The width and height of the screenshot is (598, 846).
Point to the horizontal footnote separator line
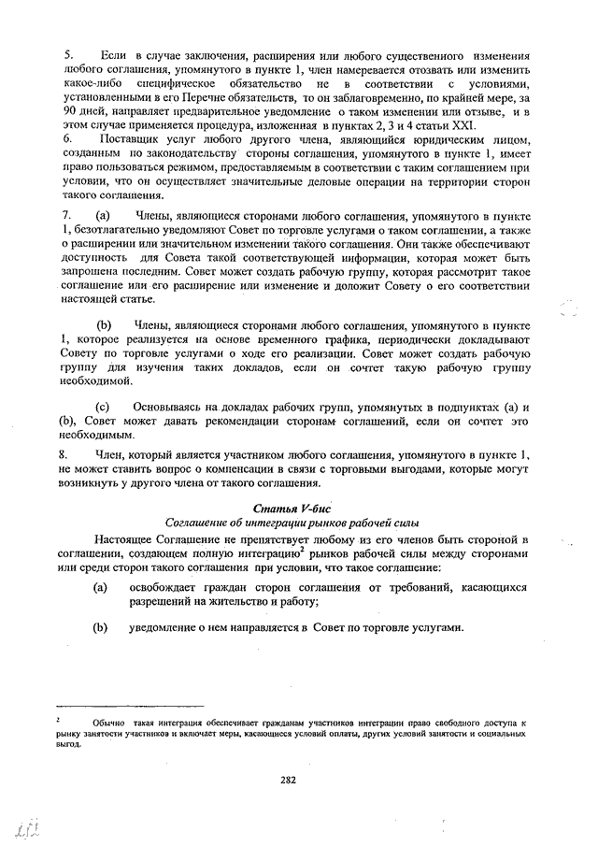tap(131, 706)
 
